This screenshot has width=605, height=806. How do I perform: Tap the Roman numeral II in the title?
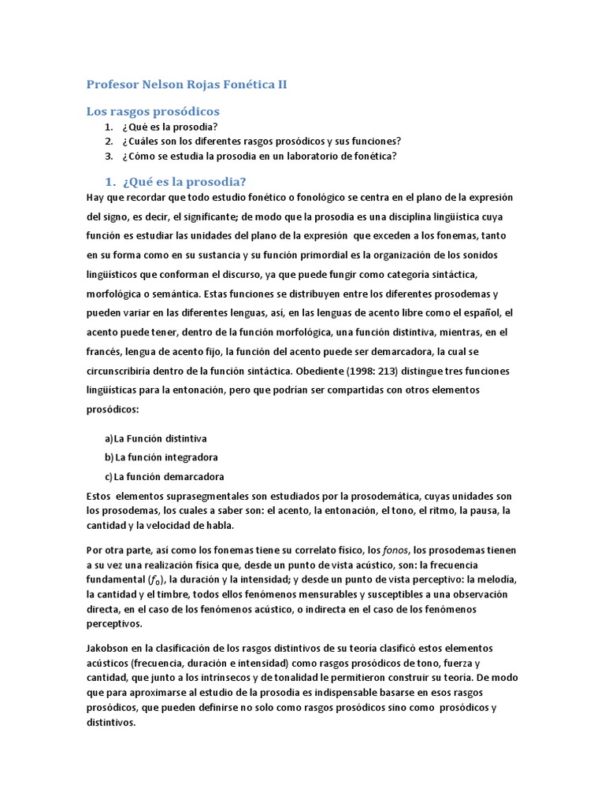(x=279, y=84)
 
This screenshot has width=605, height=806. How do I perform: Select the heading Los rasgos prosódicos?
(x=152, y=111)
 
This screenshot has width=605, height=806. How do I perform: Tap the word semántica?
(x=173, y=294)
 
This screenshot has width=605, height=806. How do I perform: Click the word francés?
(x=104, y=353)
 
